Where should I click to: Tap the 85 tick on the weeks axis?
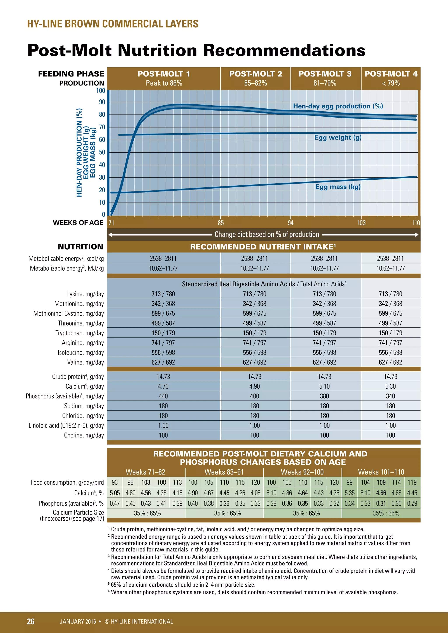[x=221, y=223]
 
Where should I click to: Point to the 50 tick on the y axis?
[x=102, y=152]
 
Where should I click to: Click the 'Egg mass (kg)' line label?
[x=338, y=187]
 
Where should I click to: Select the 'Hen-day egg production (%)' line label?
[x=338, y=106]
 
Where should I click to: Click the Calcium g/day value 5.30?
[x=390, y=386]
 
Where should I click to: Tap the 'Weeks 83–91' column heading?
[x=224, y=472]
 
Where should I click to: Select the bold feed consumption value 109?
[x=381, y=482]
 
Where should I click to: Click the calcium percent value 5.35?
[x=350, y=493]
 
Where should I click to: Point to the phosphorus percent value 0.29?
[x=412, y=503]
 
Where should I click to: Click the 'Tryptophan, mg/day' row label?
[x=79, y=333]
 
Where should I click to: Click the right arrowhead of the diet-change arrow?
[x=416, y=235]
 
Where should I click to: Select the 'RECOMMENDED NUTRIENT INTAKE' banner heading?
[x=263, y=247]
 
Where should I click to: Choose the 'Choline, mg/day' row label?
[x=84, y=435]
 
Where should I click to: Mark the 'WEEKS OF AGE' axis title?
[x=78, y=223]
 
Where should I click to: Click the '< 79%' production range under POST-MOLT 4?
[x=391, y=83]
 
